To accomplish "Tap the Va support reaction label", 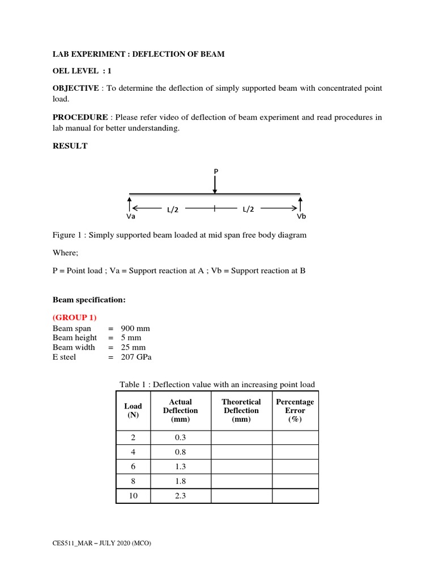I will click(130, 217).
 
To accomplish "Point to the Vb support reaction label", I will click(300, 217).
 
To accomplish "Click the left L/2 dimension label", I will click(173, 209).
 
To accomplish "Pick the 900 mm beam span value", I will click(135, 329).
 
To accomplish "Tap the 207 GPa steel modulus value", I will click(137, 357).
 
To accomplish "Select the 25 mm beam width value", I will click(133, 347).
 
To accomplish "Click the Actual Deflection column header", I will click(180, 410).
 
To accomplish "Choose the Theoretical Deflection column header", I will click(241, 410).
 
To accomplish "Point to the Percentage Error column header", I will click(295, 410).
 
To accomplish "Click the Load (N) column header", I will click(133, 410).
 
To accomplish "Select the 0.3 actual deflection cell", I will click(181, 437).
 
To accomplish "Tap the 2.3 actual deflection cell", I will click(181, 495).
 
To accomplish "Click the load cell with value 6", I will click(133, 466).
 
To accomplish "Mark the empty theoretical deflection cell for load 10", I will click(241, 495).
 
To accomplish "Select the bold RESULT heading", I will click(70, 146).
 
